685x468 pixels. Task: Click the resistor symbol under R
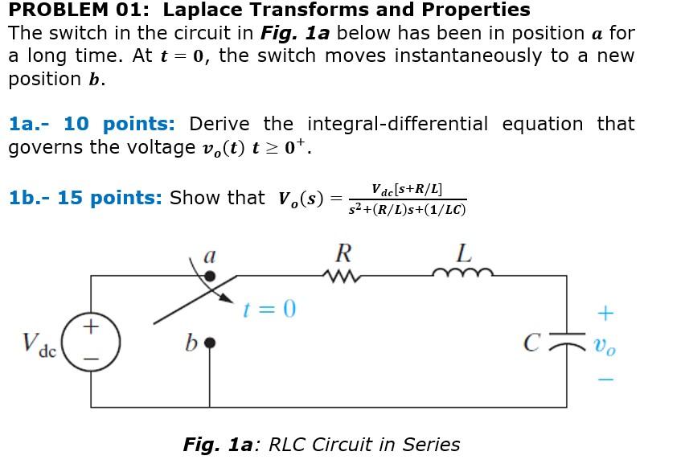click(x=342, y=276)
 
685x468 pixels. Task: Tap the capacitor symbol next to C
click(x=568, y=344)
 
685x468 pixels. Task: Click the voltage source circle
click(x=92, y=343)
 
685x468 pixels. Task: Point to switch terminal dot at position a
click(x=210, y=276)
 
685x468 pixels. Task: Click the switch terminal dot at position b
click(x=210, y=343)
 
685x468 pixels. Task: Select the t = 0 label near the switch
click(x=270, y=309)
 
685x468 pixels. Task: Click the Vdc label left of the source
click(x=39, y=345)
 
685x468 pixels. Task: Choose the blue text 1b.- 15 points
click(x=84, y=198)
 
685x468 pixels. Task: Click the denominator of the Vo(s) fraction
click(x=408, y=210)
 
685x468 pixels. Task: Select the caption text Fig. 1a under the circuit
click(x=219, y=445)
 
